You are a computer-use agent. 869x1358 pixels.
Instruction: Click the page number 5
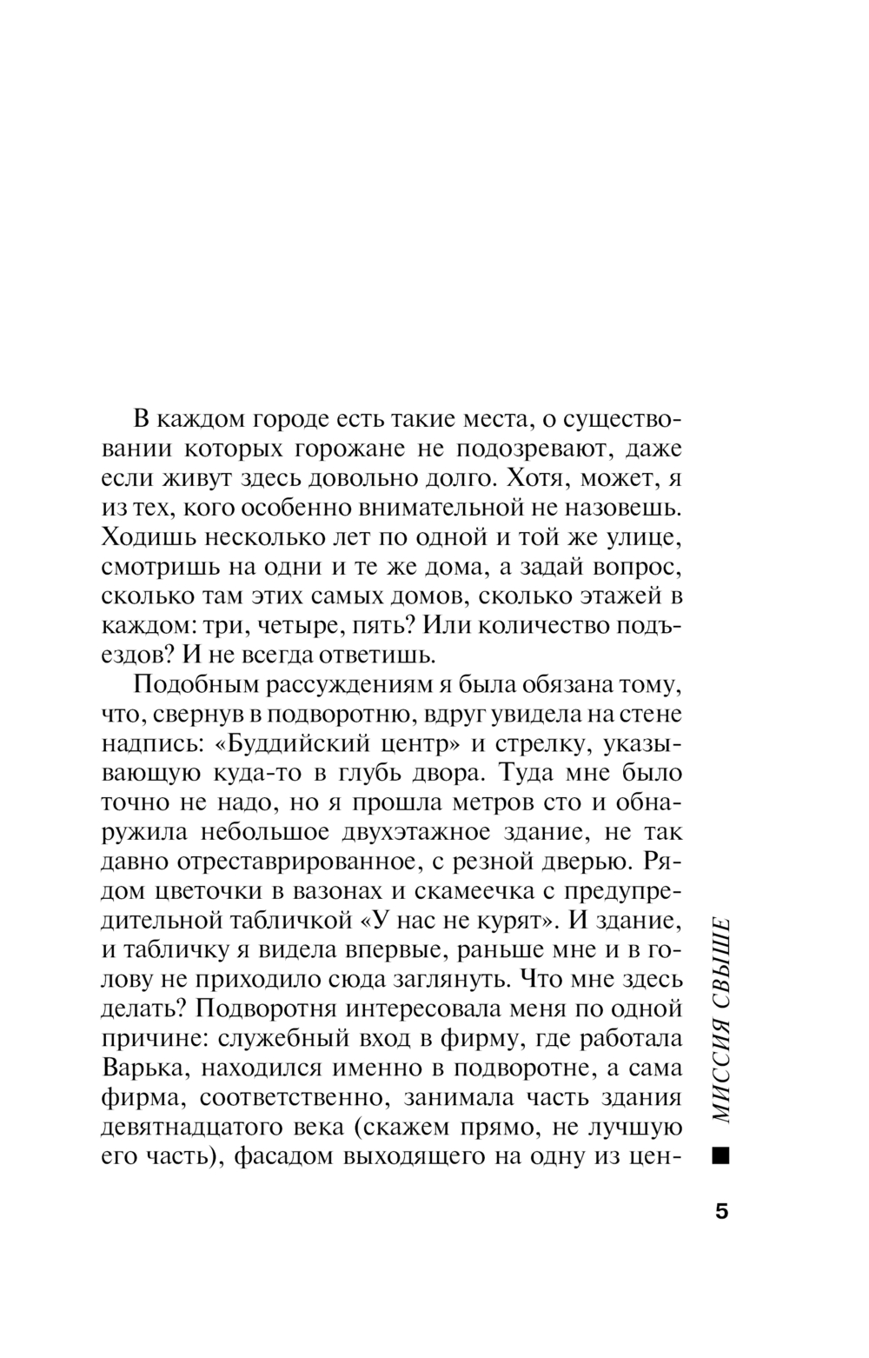coord(720,1211)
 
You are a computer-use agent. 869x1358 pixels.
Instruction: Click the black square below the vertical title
coord(720,1156)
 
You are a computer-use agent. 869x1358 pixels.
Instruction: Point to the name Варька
coord(139,1068)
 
